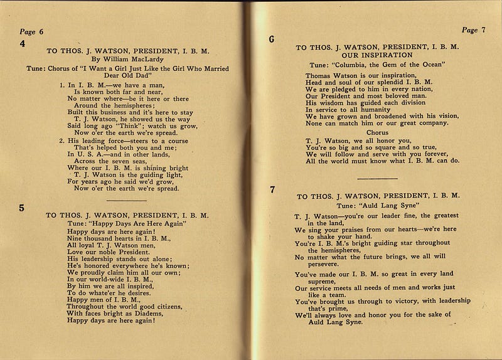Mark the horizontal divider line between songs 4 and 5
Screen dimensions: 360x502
131,199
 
